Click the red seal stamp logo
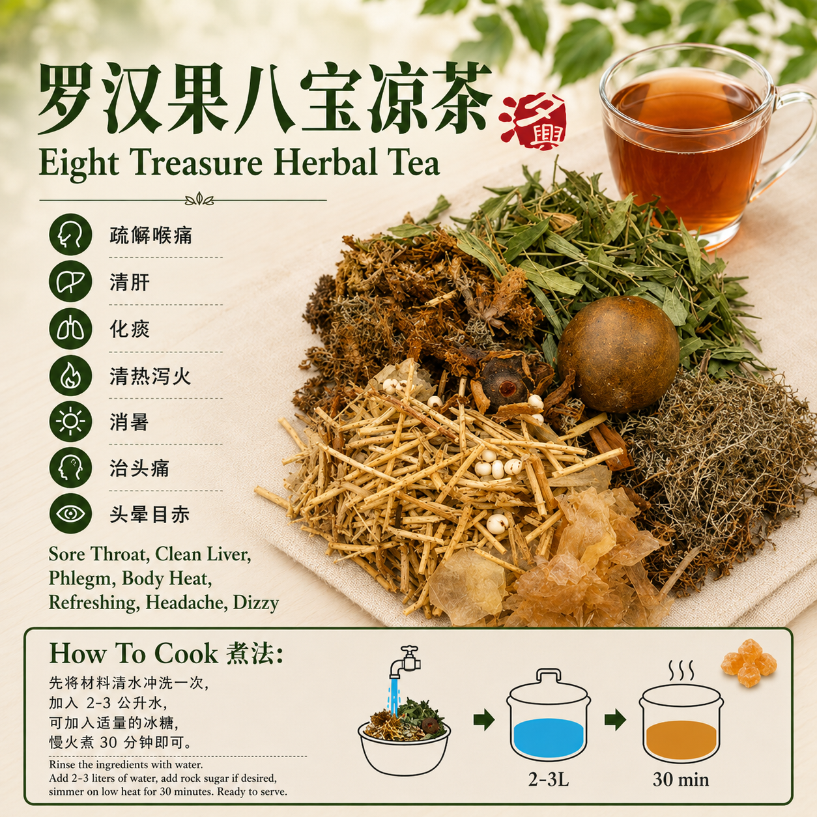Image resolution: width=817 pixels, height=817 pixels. (x=533, y=122)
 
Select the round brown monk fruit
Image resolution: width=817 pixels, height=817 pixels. (x=618, y=354)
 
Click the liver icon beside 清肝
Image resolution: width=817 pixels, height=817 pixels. (x=70, y=281)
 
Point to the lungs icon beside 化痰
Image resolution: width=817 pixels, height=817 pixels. (x=70, y=328)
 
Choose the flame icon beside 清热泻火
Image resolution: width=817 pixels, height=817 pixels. (x=70, y=376)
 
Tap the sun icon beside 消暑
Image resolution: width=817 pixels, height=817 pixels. (x=70, y=422)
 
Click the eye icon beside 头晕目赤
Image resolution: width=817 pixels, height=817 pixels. (x=70, y=513)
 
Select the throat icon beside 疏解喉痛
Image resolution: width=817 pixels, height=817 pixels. (x=70, y=235)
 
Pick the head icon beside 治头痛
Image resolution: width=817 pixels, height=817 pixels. (x=70, y=468)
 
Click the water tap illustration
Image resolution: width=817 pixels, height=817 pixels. (x=404, y=663)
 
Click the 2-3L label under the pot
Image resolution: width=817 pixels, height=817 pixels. (x=549, y=779)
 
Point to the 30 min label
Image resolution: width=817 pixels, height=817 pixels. (x=681, y=779)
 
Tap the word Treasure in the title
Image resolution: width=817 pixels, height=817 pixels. (x=196, y=164)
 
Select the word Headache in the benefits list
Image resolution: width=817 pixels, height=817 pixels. (x=185, y=603)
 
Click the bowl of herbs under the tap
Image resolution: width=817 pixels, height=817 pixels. (x=404, y=738)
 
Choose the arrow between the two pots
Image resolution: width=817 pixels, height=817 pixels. (x=615, y=719)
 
